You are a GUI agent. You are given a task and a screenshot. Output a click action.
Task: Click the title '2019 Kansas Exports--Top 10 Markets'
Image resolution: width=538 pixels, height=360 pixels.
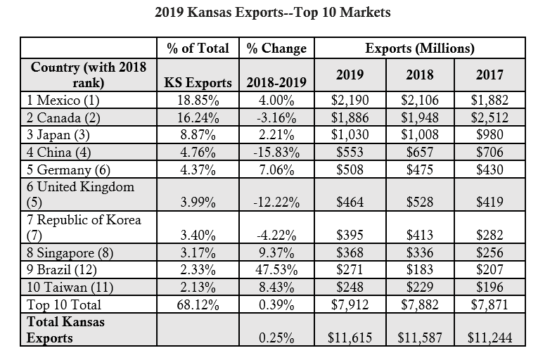coord(270,13)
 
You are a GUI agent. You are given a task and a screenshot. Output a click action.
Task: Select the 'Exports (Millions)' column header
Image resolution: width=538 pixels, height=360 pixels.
coord(420,49)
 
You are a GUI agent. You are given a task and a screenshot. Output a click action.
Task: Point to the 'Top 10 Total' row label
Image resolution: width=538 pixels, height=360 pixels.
coord(64,304)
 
